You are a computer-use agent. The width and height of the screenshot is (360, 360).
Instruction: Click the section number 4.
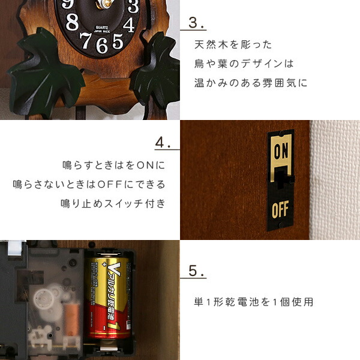163,143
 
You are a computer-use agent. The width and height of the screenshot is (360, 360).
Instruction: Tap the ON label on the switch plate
280,152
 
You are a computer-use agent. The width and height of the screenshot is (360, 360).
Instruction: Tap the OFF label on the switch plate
280,211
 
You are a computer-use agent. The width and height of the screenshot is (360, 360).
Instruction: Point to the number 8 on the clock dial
72,22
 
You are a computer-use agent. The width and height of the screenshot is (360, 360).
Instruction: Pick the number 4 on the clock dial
129,25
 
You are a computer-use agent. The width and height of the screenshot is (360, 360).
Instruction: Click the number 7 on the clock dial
86,40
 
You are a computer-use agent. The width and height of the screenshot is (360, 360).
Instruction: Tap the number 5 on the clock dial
118,41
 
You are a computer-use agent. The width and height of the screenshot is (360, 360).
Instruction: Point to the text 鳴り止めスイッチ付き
112,203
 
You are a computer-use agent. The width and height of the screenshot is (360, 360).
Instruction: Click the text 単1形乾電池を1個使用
253,302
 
